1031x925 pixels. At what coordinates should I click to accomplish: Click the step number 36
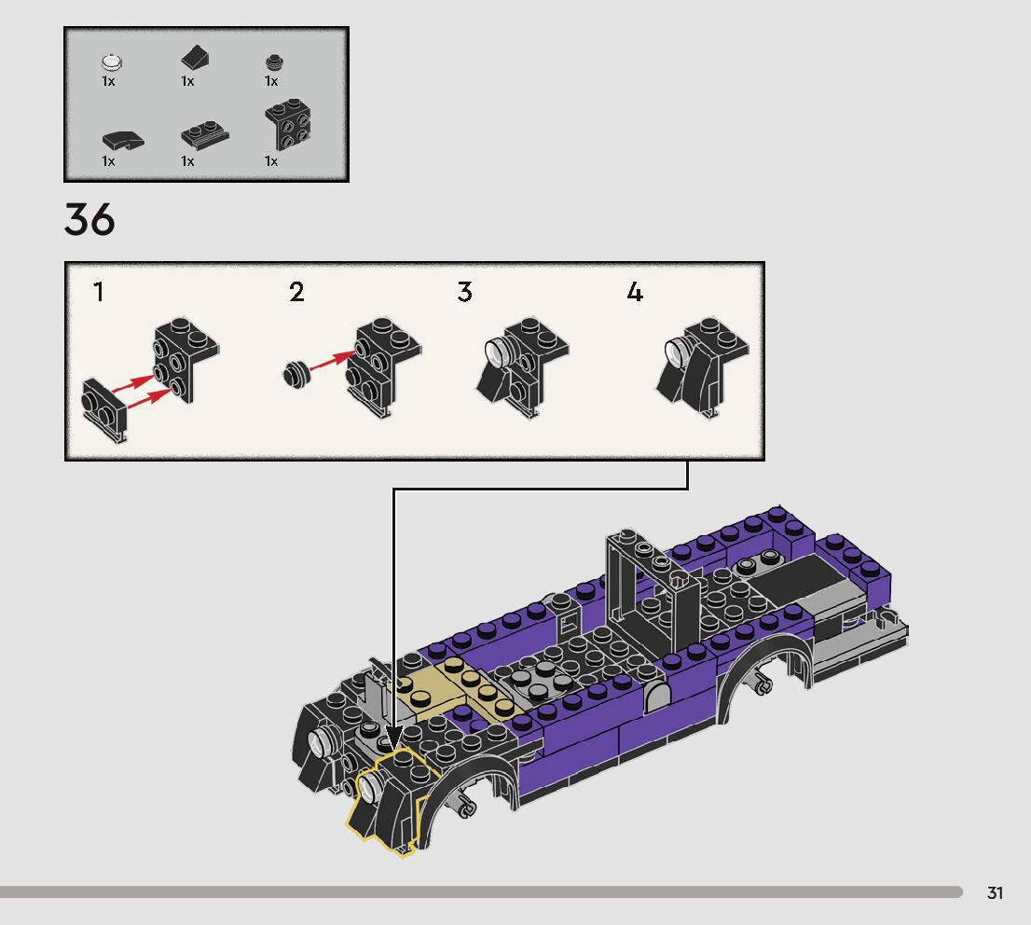89,219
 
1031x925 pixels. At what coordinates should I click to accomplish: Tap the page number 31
995,892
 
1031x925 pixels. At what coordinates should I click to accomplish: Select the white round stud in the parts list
112,62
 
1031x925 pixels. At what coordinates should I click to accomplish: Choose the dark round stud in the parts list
274,62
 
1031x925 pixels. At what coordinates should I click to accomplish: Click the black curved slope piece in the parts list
122,140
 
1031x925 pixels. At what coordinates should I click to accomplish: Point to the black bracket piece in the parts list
287,125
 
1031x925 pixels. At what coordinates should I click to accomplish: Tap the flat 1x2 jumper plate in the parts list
205,134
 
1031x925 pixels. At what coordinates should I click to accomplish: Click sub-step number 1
99,292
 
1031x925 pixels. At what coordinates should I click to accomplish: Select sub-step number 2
296,292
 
